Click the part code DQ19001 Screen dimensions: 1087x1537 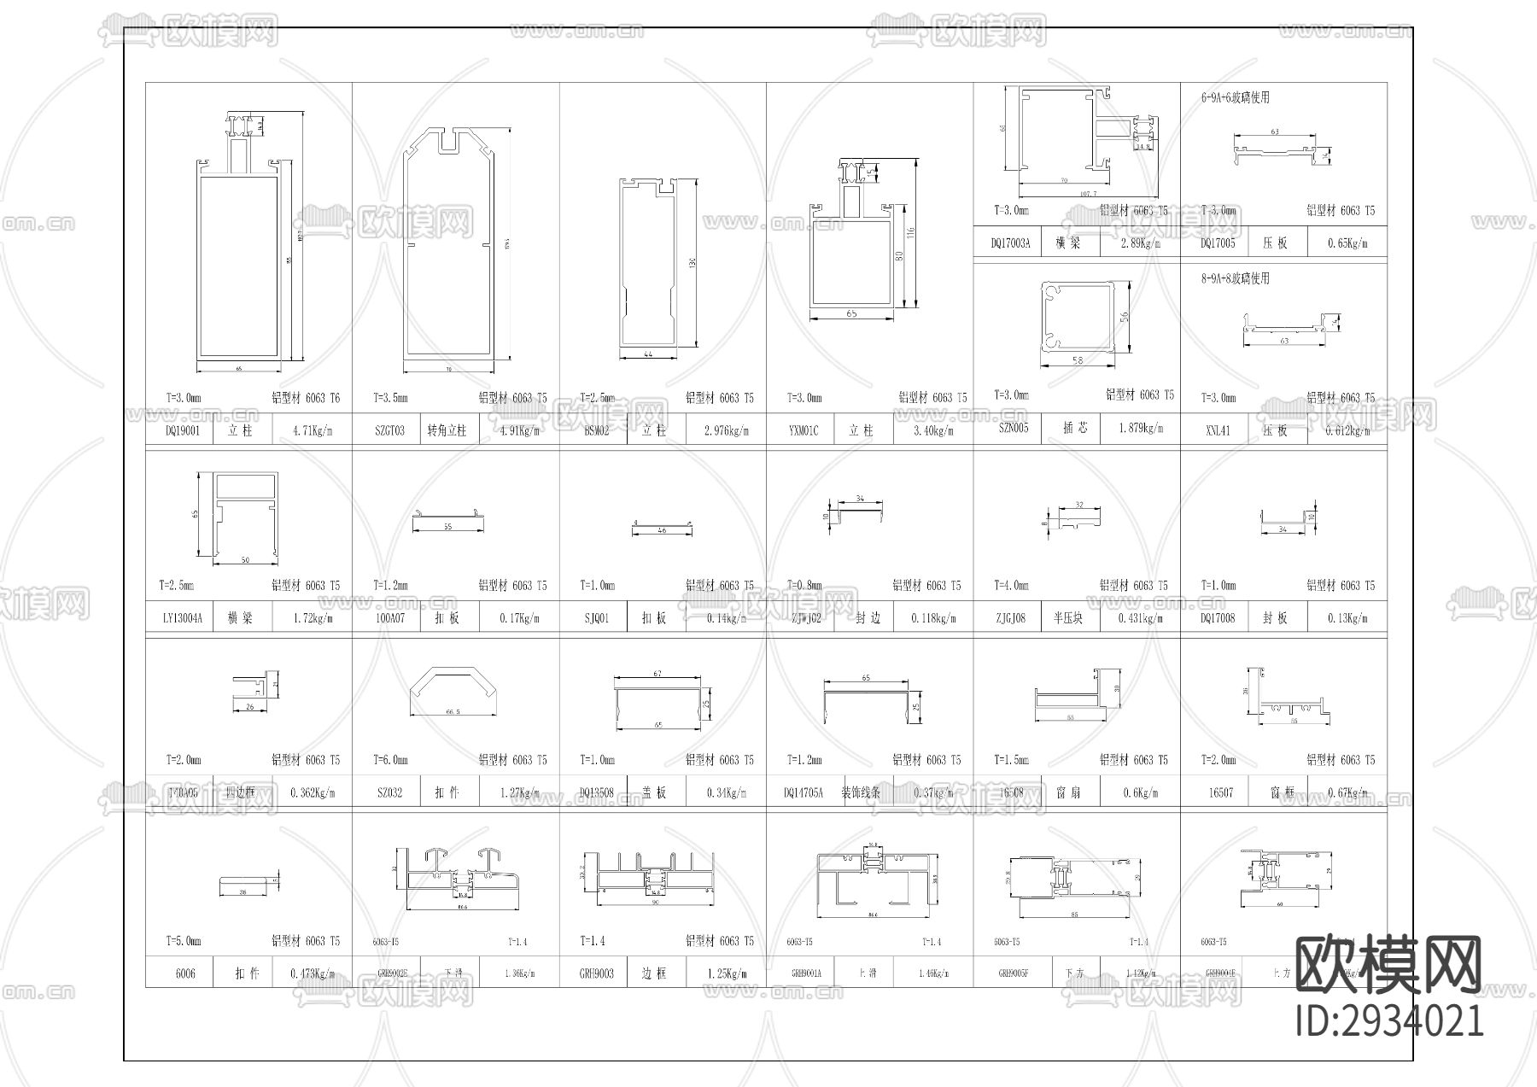coord(183,431)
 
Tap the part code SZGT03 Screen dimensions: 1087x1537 coord(389,431)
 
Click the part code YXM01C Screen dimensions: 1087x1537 coord(803,431)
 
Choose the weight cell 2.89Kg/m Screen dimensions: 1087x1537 coord(1141,243)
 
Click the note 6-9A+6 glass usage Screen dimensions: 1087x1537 coord(1235,98)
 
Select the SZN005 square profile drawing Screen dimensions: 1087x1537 coord(1078,316)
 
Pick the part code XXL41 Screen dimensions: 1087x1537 coord(1218,431)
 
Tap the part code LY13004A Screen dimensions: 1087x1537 coord(183,618)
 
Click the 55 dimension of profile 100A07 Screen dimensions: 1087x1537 coord(447,527)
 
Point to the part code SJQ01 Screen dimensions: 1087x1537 coord(596,618)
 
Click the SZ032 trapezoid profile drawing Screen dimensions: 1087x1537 coord(453,691)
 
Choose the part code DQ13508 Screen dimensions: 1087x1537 coord(596,793)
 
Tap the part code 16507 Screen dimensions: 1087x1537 coord(1221,793)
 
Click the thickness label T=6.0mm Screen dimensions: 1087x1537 coord(390,760)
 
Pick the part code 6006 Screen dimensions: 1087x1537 coord(185,973)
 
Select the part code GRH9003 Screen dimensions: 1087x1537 coord(596,973)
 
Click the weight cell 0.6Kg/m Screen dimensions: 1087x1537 coord(1141,793)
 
